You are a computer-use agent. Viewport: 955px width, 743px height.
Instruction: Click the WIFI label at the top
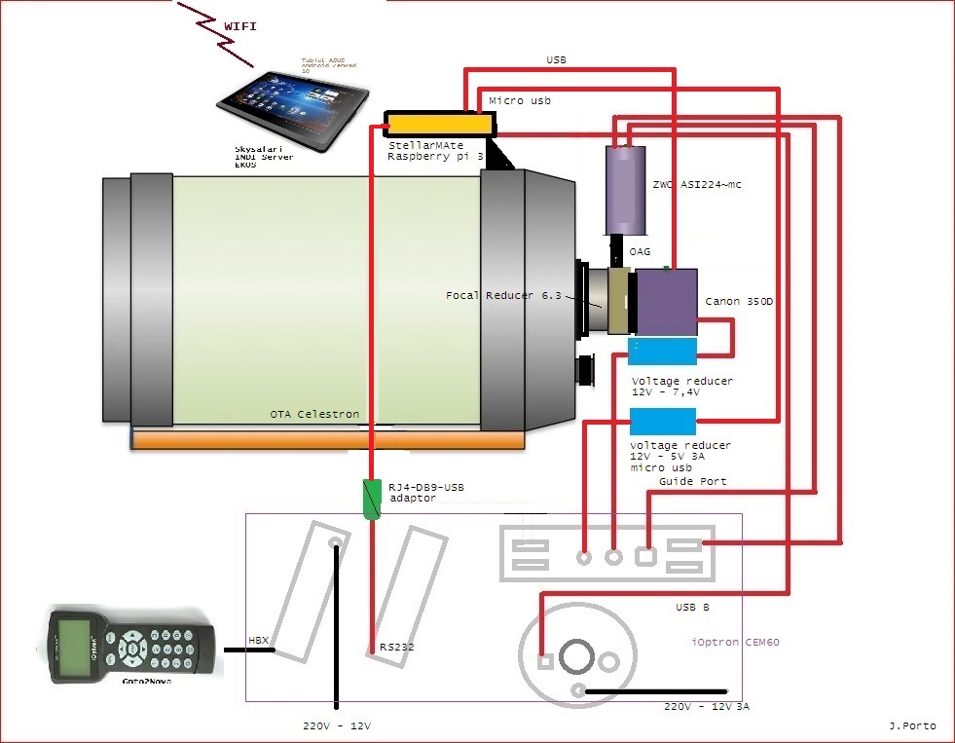tap(239, 26)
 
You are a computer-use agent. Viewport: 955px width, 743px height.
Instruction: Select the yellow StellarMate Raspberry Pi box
tap(438, 124)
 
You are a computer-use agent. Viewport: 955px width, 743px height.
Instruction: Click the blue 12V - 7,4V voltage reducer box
tap(663, 352)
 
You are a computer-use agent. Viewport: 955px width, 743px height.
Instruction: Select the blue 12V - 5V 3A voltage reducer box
tap(663, 421)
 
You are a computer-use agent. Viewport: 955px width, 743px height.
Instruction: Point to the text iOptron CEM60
tap(735, 642)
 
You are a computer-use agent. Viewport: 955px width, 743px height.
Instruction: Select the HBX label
tap(258, 641)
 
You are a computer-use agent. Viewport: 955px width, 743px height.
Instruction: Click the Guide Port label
tap(692, 481)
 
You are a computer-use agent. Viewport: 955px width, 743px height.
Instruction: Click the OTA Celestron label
tap(314, 414)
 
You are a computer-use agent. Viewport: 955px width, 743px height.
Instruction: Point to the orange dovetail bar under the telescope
tap(327, 440)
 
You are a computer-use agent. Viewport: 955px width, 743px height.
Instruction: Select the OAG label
tap(640, 251)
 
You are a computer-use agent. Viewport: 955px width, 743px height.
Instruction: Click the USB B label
tap(692, 608)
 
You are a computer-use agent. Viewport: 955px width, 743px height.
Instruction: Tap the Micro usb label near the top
tap(519, 100)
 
